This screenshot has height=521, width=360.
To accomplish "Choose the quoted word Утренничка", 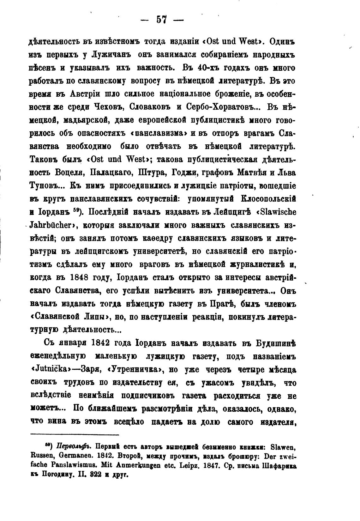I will pos(127,370).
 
